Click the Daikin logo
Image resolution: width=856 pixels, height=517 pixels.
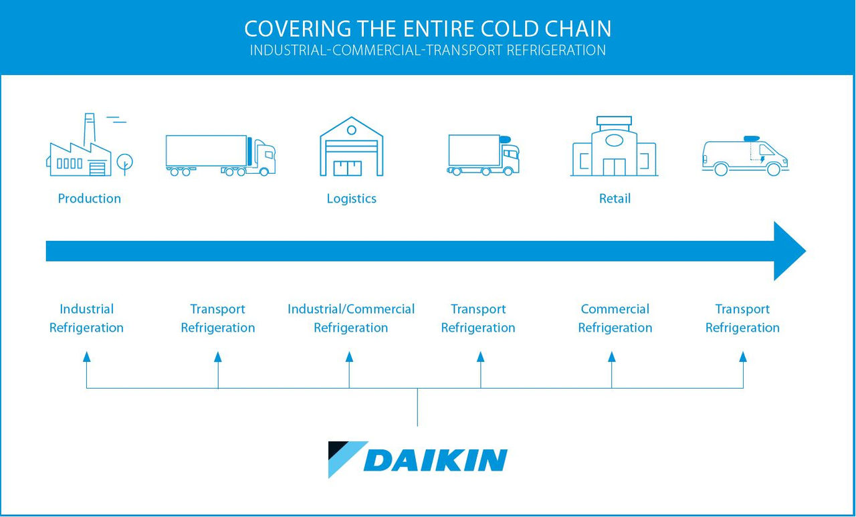418,459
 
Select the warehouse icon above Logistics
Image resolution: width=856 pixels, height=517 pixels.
351,147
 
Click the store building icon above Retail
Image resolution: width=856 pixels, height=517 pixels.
614,148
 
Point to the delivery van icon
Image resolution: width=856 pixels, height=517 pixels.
745,157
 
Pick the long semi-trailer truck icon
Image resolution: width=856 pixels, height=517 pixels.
220,155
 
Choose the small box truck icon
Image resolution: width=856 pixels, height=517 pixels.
483,154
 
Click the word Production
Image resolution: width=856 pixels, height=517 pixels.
90,199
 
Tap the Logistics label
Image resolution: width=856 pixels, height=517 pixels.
351,199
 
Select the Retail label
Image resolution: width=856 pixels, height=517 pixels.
615,199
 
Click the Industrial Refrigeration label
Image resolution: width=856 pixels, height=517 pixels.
86,318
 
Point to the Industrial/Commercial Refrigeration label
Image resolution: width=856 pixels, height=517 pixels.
351,318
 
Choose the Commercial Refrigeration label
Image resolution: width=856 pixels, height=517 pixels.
615,318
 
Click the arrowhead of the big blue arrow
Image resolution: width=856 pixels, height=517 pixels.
789,251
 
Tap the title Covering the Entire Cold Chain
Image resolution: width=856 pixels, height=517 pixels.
428,29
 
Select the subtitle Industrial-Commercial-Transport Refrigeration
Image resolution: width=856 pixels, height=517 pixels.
428,51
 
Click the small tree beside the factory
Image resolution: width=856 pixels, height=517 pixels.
124,163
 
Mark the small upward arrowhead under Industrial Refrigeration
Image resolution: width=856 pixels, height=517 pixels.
86,358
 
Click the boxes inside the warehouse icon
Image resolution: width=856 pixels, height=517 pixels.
348,168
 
